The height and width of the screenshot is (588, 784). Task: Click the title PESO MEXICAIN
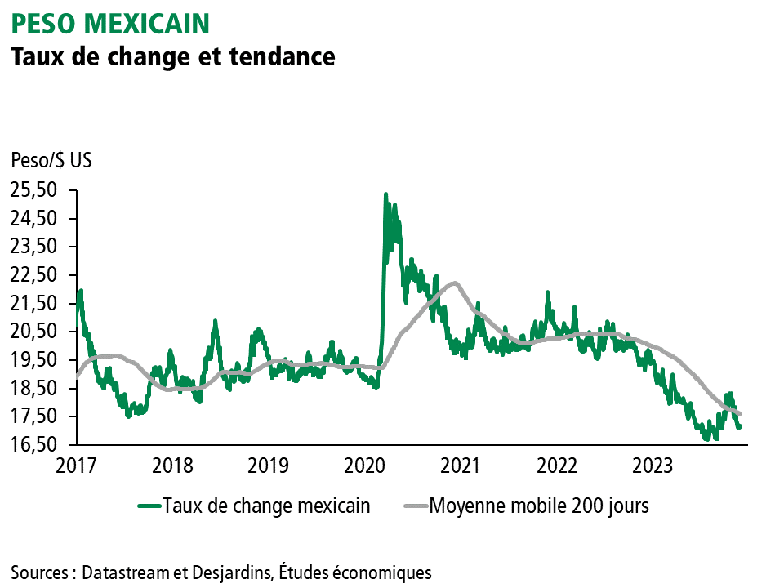109,23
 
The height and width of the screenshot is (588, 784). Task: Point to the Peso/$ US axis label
51,160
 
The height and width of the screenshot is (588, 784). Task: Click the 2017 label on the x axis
77,466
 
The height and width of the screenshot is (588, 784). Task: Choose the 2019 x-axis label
269,466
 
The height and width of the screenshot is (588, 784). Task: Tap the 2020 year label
365,466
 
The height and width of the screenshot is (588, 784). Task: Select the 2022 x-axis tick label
557,466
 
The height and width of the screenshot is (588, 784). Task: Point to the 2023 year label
653,466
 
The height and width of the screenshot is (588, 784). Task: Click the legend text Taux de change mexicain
266,506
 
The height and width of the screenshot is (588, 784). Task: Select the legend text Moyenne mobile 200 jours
539,506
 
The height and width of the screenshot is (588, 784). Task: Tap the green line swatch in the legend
148,506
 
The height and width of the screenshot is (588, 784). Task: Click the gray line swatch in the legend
415,506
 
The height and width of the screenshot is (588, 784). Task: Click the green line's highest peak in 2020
385,195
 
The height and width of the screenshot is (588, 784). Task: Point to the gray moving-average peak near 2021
454,283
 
